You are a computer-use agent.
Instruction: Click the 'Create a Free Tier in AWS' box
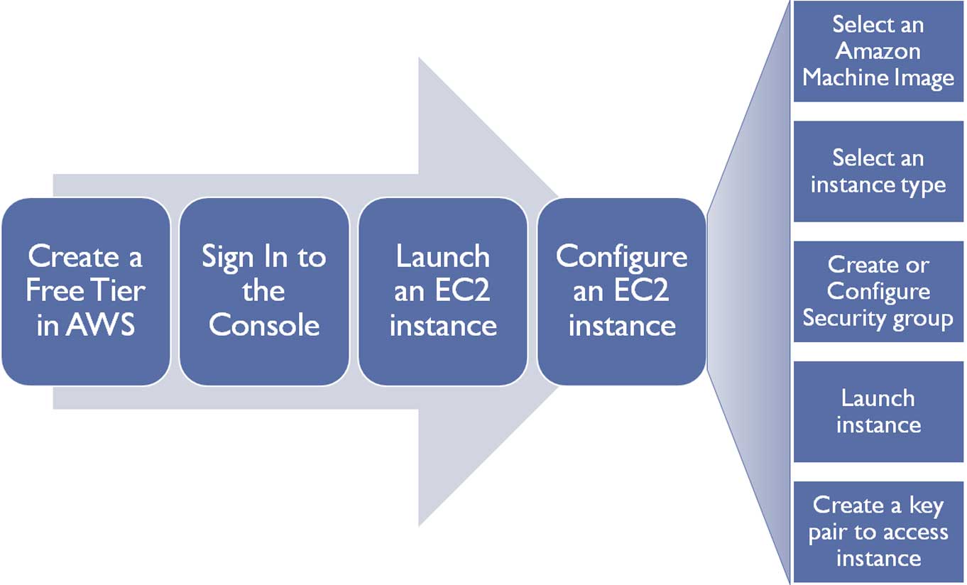click(x=86, y=291)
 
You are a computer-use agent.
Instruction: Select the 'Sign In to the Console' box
click(x=264, y=291)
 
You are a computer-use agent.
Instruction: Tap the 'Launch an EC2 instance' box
click(x=442, y=291)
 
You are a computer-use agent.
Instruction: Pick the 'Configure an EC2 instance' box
click(x=621, y=291)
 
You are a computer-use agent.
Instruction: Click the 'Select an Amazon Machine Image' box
click(x=878, y=51)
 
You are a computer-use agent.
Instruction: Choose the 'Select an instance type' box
click(x=878, y=171)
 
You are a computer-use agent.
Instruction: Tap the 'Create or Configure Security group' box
click(x=878, y=291)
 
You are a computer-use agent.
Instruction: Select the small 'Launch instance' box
click(x=878, y=411)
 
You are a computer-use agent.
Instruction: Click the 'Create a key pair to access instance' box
click(x=878, y=531)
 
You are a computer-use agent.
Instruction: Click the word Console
click(x=264, y=325)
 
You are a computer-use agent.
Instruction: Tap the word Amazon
click(x=878, y=51)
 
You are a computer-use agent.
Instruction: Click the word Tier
click(x=124, y=291)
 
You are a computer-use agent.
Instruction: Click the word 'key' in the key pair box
click(x=925, y=506)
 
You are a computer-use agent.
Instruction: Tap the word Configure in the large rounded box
click(x=621, y=257)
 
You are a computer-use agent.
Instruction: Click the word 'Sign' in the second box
click(x=226, y=257)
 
